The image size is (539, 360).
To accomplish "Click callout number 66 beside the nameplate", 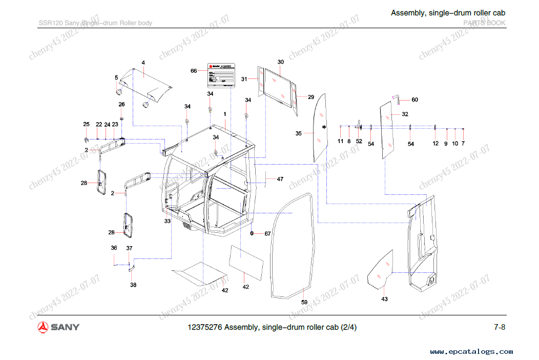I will (194, 71).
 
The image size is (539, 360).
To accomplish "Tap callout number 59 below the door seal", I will (304, 302).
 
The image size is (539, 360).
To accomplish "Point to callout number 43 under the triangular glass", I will (385, 298).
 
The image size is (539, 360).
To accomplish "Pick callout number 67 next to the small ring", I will (267, 234).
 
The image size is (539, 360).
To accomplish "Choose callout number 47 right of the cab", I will (280, 179).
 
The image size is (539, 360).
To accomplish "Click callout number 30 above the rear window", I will (281, 62).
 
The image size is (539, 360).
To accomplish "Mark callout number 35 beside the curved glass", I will (299, 133).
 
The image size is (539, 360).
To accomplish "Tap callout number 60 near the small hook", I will (414, 100).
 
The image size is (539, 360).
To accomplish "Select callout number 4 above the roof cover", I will (143, 63).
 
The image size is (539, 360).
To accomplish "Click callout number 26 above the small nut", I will (121, 104).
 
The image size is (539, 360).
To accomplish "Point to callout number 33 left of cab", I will (168, 221).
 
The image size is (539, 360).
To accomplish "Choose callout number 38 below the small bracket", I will (133, 285).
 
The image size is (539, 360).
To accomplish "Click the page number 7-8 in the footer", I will (500, 327).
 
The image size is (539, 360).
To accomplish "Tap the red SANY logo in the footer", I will (58, 327).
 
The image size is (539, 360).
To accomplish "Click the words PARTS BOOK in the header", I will (484, 23).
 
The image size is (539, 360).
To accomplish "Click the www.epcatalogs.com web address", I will (471, 352).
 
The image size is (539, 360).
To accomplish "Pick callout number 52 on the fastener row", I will (359, 141).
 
